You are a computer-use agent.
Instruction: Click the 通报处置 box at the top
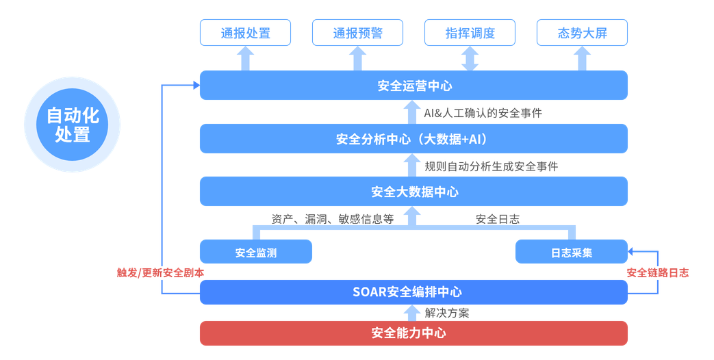pos(245,33)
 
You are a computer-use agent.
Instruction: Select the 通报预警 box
pos(357,33)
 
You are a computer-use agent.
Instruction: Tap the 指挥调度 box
pos(470,33)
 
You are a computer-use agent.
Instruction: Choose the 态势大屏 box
pos(582,33)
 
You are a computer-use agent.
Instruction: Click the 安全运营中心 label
pos(413,86)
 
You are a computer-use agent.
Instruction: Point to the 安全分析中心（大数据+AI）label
pos(413,139)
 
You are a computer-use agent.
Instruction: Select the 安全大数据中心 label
pos(413,192)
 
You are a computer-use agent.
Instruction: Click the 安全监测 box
pos(255,252)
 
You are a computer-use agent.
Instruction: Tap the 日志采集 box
pos(571,252)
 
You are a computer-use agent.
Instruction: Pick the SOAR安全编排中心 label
pos(413,292)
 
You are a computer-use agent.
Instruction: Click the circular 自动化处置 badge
pos(72,124)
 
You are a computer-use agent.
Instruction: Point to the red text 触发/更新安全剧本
pos(160,272)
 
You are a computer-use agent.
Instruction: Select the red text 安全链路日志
pos(658,272)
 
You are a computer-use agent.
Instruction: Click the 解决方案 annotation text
pos(446,313)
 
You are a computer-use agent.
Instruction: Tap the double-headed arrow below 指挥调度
pos(470,58)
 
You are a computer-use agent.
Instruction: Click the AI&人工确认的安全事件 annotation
pos(483,112)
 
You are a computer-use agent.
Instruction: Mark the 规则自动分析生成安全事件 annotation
pos(491,166)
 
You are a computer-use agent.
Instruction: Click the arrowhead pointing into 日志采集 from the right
pos(633,251)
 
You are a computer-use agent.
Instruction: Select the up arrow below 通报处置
pos(245,59)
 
